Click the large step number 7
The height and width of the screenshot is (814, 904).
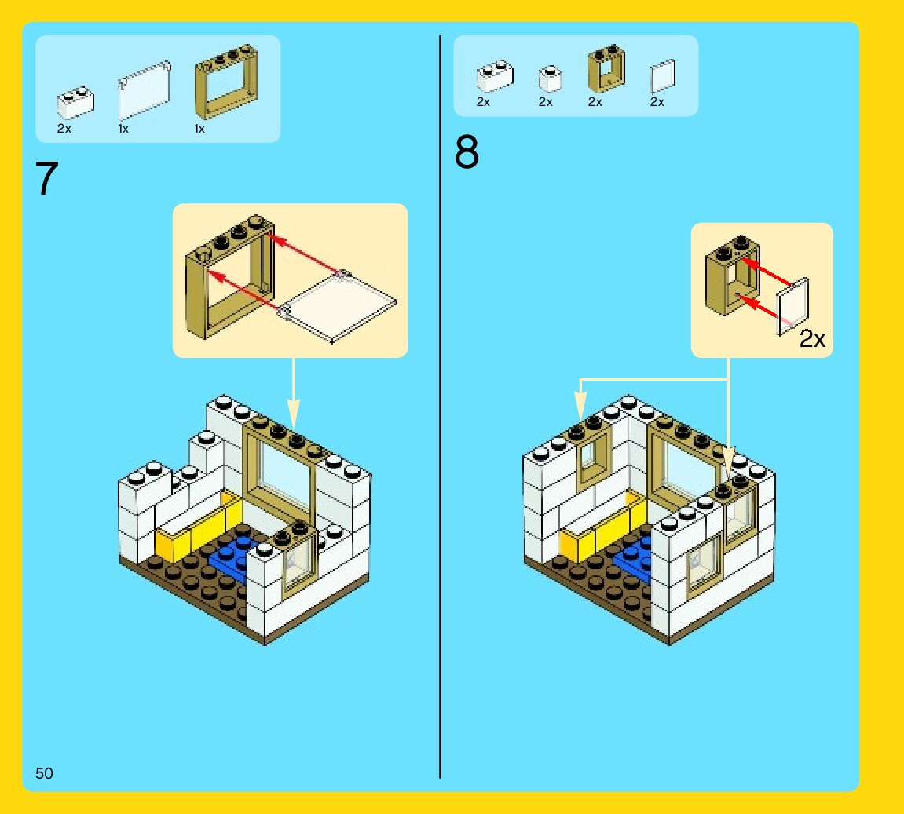(47, 180)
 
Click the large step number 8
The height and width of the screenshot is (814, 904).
(467, 153)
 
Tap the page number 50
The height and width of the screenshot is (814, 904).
(44, 773)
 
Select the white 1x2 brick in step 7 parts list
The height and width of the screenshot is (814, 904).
(75, 102)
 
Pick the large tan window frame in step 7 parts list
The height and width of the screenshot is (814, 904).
(226, 81)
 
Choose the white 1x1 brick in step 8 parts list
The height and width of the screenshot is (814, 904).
(550, 78)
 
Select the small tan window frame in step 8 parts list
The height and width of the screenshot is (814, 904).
(606, 70)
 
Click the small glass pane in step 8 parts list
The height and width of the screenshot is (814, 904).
(662, 77)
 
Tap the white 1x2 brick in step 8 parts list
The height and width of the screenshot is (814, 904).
(494, 76)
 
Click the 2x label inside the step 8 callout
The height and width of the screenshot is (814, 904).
(812, 339)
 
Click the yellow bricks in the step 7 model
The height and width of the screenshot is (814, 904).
(196, 527)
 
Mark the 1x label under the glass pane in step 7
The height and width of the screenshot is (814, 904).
(123, 129)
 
